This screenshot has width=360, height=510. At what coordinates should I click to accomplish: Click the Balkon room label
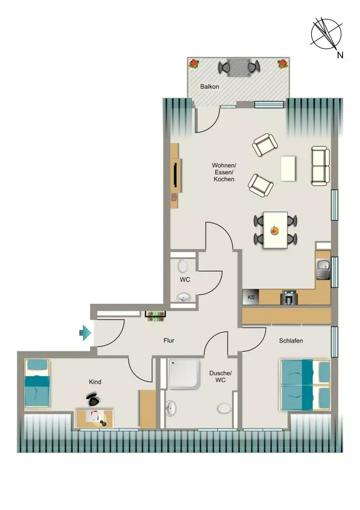(x=210, y=87)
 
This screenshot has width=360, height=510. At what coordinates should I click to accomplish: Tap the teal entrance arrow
(x=85, y=333)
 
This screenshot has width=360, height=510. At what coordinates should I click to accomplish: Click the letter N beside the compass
(x=340, y=55)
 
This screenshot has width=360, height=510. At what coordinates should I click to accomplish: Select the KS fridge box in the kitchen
(x=251, y=297)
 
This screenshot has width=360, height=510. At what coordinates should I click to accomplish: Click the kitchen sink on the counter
(x=323, y=269)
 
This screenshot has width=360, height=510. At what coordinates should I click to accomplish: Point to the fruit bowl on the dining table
(x=275, y=231)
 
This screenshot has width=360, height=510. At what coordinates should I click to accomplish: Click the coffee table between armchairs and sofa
(x=288, y=168)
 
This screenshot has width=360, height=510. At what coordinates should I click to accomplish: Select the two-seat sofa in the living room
(x=321, y=166)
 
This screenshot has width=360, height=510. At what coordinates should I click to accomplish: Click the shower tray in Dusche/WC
(x=184, y=374)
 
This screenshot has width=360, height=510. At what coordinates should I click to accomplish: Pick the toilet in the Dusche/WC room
(x=224, y=408)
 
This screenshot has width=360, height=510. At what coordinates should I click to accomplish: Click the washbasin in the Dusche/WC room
(x=171, y=408)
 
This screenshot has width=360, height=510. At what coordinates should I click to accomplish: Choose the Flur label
(x=169, y=341)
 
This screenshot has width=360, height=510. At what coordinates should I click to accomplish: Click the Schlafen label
(x=291, y=341)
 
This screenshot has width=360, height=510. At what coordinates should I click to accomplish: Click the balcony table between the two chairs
(x=239, y=68)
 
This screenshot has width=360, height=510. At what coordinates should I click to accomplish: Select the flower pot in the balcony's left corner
(x=194, y=64)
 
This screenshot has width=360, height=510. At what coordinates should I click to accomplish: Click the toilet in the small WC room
(x=183, y=266)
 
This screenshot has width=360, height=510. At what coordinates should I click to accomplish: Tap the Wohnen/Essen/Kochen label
(x=224, y=172)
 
